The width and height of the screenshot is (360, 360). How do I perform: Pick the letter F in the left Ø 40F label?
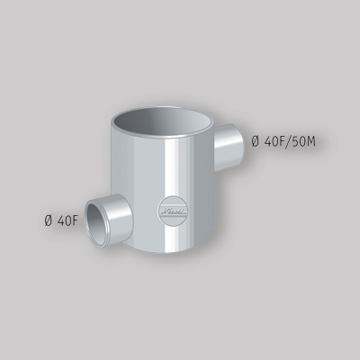[x=79, y=220]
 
